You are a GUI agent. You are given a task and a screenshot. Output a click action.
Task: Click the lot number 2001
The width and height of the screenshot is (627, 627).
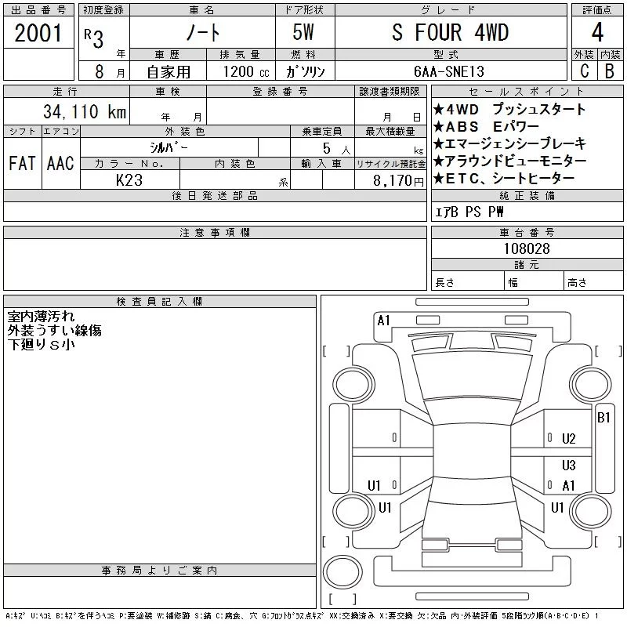38,33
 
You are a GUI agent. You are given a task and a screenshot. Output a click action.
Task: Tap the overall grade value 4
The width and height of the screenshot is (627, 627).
597,32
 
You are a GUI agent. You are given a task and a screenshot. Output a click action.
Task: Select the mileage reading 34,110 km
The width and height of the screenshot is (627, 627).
85,111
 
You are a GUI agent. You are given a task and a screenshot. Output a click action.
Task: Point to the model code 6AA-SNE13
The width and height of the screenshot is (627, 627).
449,71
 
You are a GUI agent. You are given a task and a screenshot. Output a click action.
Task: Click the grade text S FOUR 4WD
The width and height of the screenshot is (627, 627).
450,32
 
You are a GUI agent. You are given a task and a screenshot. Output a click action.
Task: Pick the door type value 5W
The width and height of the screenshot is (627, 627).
303,32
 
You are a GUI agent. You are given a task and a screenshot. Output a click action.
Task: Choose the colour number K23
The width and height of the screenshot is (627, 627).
129,180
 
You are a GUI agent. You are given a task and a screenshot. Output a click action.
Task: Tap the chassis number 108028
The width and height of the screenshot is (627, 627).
527,248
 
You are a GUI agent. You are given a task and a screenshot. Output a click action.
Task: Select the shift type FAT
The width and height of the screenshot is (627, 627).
22,163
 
